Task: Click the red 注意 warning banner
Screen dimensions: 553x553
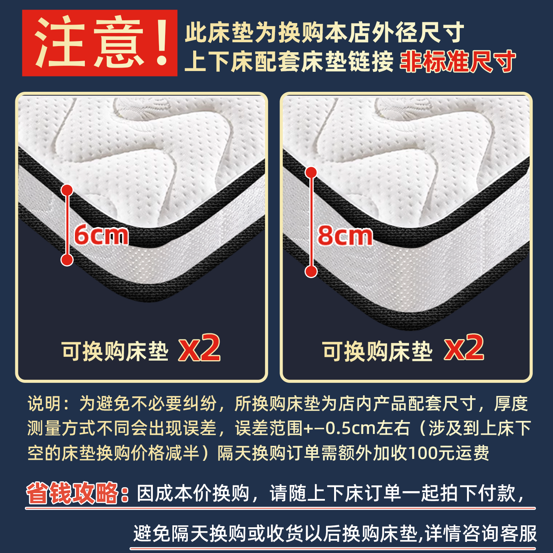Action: click(99, 43)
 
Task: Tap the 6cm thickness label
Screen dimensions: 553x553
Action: click(101, 235)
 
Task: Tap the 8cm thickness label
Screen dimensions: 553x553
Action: click(345, 236)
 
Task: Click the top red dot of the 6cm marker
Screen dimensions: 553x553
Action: click(67, 190)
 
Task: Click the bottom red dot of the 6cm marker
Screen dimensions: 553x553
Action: click(67, 260)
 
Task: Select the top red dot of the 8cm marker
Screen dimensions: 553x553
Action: click(311, 172)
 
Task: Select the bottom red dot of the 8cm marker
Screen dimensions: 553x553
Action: click(311, 272)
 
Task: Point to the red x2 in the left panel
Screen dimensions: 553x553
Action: click(199, 348)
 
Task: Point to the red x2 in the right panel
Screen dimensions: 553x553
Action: click(464, 348)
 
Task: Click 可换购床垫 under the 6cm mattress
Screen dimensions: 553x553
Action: click(115, 351)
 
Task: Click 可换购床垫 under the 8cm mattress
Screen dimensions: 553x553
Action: click(377, 351)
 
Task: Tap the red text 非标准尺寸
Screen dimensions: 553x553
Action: click(457, 61)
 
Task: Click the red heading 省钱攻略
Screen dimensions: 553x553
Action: click(72, 493)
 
